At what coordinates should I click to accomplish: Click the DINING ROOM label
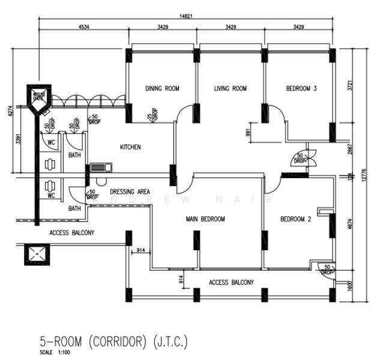coord(162,89)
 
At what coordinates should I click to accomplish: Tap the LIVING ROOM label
coord(231,89)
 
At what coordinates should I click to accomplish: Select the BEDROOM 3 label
coord(301,89)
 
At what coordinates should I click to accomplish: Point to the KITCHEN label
coord(130,147)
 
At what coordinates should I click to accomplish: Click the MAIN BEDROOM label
coord(205,220)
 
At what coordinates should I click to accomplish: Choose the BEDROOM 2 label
coord(295,220)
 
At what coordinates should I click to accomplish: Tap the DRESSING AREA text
coord(130,191)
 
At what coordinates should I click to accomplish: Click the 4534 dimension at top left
coord(83,28)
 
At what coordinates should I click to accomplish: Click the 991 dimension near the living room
coord(248,133)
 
